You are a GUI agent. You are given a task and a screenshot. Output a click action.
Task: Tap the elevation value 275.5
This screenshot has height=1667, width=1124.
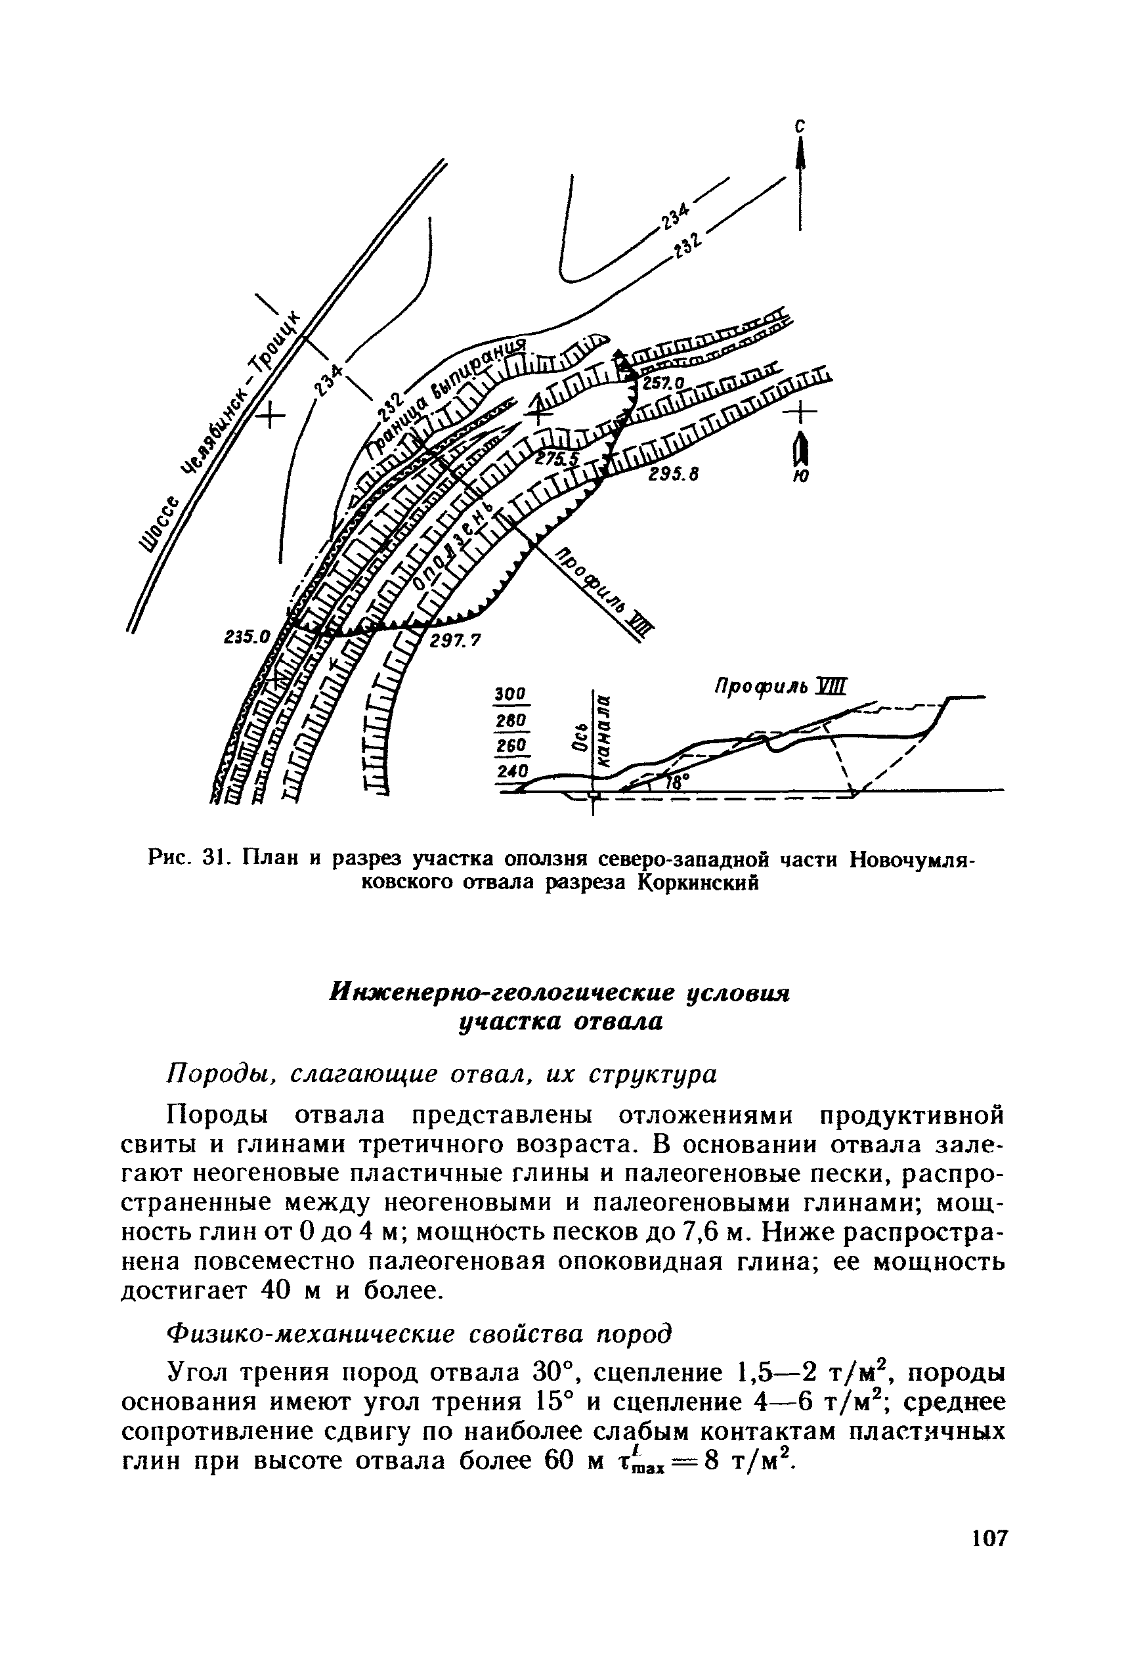click(563, 460)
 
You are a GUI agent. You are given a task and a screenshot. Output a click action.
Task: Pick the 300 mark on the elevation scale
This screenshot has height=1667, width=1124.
click(510, 694)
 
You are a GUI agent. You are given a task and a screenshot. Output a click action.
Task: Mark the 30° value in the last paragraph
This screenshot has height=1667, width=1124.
click(550, 1372)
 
